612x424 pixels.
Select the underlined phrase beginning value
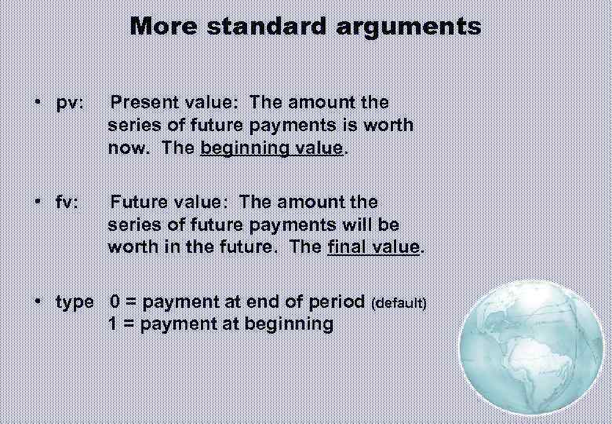click(271, 148)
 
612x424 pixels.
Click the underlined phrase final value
click(374, 247)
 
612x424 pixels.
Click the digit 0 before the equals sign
click(115, 302)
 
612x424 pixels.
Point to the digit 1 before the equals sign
click(115, 323)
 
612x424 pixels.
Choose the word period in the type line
click(339, 302)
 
